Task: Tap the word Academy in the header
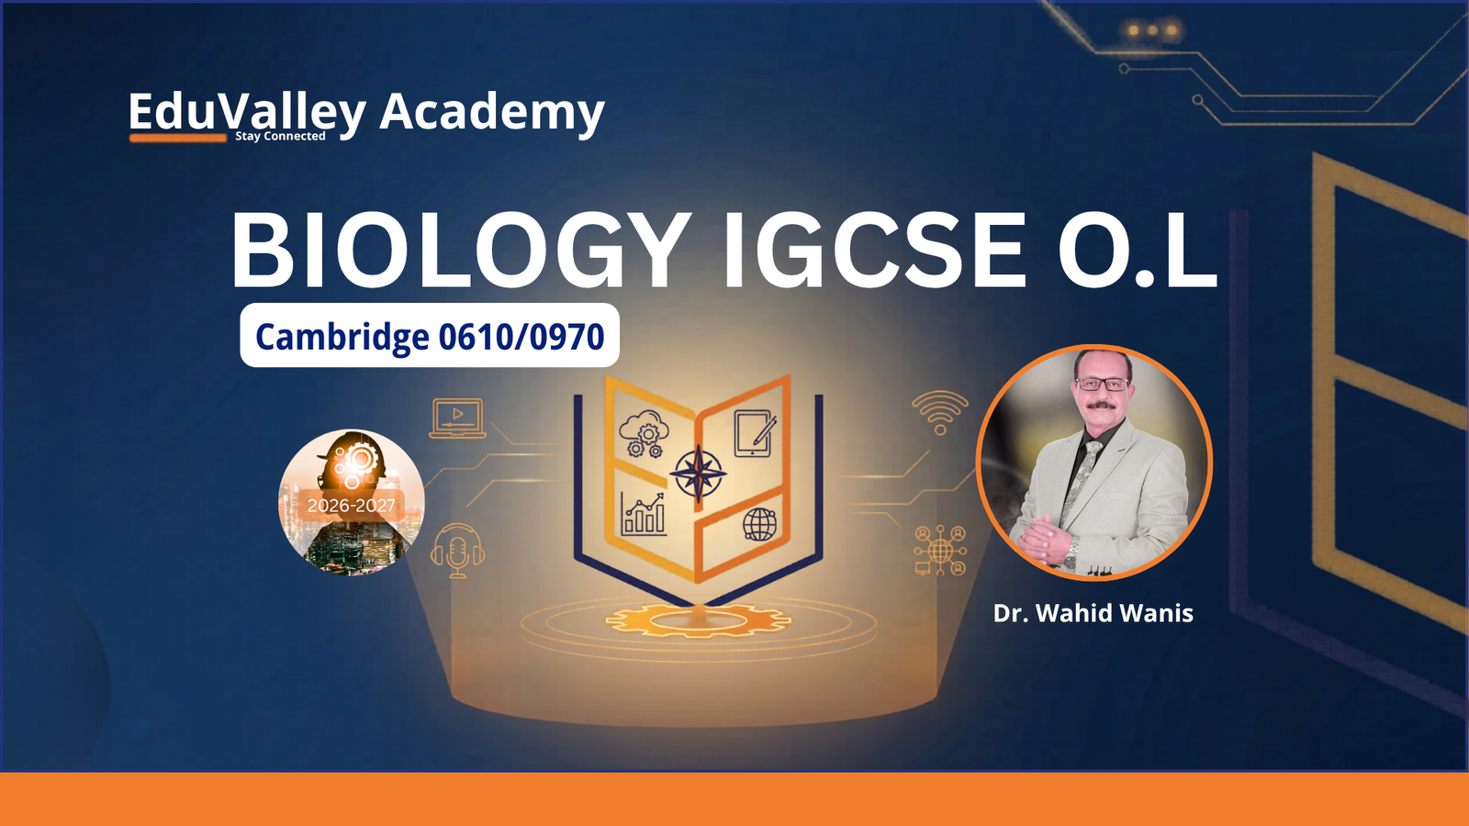(492, 112)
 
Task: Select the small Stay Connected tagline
(280, 137)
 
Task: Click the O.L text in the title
(1138, 251)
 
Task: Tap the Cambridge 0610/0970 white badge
(430, 335)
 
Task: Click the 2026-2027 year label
(352, 506)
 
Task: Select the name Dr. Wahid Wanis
(1093, 614)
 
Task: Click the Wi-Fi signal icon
(940, 412)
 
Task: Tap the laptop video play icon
(458, 418)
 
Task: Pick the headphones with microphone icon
(458, 551)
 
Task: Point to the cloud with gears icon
(644, 433)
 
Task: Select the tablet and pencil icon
(755, 432)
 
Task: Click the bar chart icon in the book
(644, 515)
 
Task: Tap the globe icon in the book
(759, 524)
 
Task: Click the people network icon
(940, 550)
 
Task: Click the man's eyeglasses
(1102, 385)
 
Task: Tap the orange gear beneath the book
(698, 620)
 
